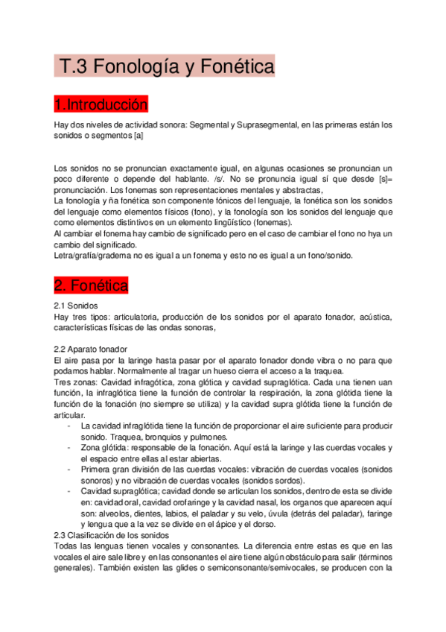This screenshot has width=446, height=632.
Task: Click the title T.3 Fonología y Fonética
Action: (165, 67)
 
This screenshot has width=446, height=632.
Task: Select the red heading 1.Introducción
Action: (101, 103)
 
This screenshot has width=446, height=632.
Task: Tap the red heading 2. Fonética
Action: (92, 285)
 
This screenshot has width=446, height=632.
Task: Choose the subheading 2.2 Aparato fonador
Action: (92, 349)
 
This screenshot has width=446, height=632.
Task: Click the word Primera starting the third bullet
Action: (98, 470)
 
